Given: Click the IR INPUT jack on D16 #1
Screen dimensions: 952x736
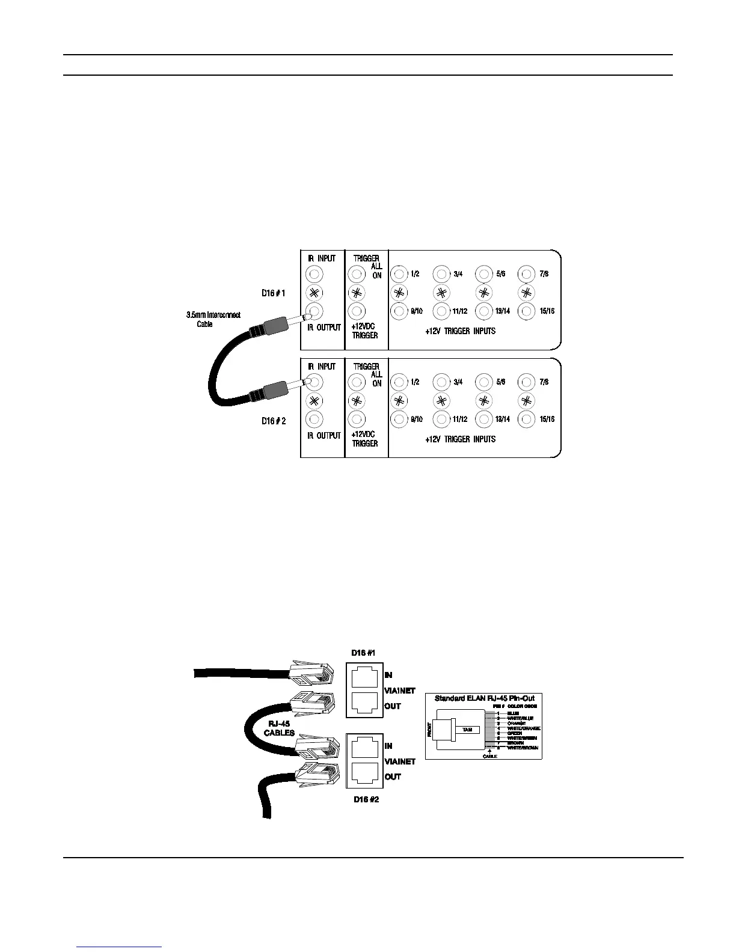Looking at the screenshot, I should tap(314, 275).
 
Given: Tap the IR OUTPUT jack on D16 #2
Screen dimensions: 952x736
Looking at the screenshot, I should tap(314, 420).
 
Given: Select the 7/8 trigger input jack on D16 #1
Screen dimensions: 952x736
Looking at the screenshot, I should tap(527, 275).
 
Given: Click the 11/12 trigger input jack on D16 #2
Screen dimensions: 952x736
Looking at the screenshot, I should tap(442, 420).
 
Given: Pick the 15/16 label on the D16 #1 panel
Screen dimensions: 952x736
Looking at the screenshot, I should tap(547, 311).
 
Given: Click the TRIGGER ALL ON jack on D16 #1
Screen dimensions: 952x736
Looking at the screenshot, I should tap(357, 275).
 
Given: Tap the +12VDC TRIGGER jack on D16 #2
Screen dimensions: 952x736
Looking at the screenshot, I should tap(357, 420).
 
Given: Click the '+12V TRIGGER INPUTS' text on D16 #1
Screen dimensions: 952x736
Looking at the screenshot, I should tap(460, 331).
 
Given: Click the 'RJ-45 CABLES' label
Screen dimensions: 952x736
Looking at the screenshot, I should tap(280, 728).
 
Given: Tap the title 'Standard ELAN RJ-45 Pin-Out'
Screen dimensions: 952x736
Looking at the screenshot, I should tap(485, 698).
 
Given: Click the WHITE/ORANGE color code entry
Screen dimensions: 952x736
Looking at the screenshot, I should tap(523, 728).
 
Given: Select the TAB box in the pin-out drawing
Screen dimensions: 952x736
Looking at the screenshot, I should tap(467, 729).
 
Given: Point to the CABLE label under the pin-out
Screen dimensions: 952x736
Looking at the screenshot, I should tap(490, 756).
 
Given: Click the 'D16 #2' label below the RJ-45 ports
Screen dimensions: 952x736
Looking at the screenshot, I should tap(367, 800).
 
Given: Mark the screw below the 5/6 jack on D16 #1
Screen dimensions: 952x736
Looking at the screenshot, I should tap(484, 293).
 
